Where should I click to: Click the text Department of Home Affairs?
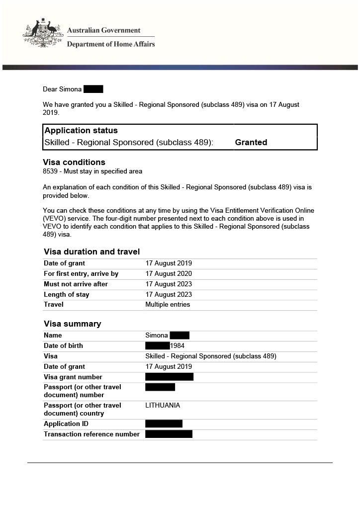click(111, 44)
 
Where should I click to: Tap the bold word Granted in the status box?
click(251, 142)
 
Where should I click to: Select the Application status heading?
click(81, 131)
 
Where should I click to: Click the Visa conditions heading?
click(74, 162)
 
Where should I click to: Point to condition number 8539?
click(50, 171)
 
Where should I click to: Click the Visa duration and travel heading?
click(91, 252)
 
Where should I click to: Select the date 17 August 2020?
click(169, 274)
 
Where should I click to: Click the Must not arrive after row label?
click(76, 284)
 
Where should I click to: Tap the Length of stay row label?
click(67, 295)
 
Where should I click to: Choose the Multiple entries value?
click(168, 305)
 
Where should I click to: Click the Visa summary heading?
click(72, 324)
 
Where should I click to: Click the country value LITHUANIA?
click(163, 406)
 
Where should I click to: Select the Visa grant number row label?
click(73, 377)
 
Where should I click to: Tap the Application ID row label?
click(62, 424)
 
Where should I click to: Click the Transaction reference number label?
click(91, 434)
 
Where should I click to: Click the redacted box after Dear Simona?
click(93, 89)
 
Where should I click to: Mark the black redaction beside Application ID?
click(164, 424)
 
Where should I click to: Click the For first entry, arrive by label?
click(81, 274)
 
